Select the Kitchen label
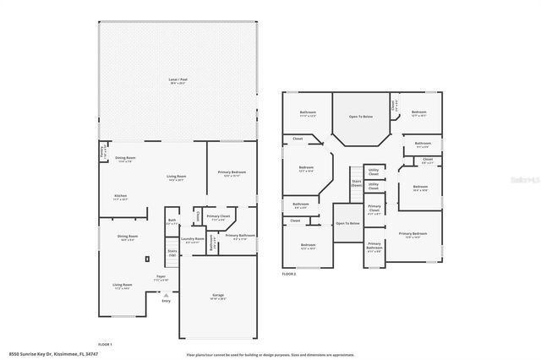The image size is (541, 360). [x=121, y=197]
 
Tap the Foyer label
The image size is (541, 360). [x=161, y=277]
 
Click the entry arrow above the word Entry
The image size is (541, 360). [x=166, y=295]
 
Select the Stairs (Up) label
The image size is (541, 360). [x=172, y=252]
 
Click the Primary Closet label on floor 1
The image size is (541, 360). [x=218, y=218]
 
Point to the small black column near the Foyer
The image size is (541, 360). [x=147, y=259]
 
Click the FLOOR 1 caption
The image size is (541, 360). [x=105, y=344]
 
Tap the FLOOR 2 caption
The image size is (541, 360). [x=290, y=274]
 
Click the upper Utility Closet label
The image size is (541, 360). [x=374, y=172]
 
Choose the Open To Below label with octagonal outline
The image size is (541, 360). [x=356, y=117]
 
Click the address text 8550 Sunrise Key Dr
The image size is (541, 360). [x=41, y=353]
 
